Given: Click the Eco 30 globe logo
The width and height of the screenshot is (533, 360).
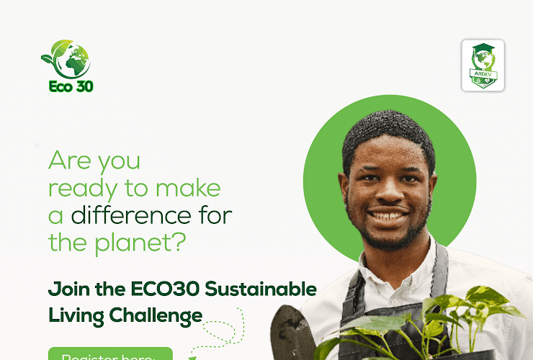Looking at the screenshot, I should point(66,58).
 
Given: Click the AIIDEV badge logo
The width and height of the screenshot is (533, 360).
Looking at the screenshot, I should point(483,66).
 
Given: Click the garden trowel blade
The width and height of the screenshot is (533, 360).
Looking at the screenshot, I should point(291,335).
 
